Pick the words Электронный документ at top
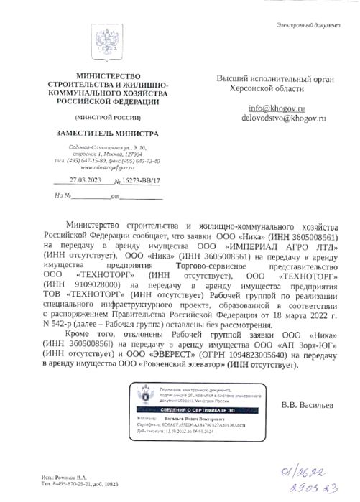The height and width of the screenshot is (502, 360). pos(308,27)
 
